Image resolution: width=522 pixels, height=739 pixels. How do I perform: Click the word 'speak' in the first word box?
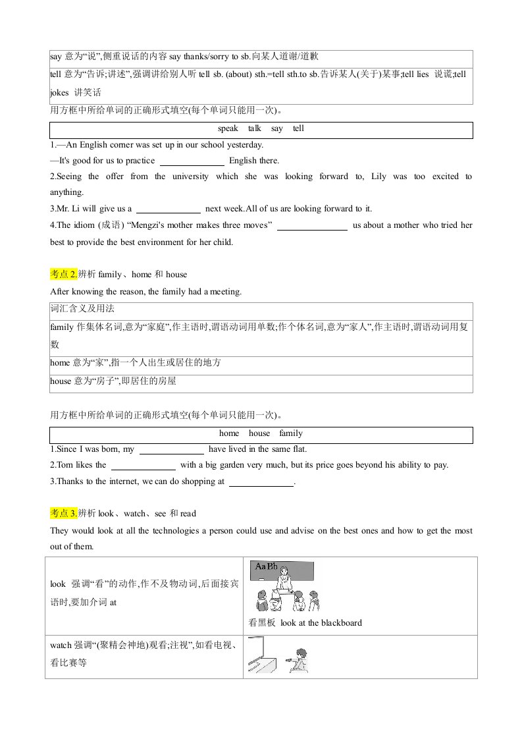(228, 129)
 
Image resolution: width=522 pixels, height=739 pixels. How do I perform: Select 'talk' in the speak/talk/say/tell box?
(255, 129)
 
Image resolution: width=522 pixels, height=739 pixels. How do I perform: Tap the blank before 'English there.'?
(192, 161)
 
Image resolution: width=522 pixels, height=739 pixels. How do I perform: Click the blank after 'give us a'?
(168, 209)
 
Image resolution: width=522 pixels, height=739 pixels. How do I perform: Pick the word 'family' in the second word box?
(290, 433)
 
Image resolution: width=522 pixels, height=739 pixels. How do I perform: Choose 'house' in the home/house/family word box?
(259, 433)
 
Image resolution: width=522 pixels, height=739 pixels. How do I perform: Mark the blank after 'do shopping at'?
(261, 482)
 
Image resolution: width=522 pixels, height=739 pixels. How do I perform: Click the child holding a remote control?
(300, 659)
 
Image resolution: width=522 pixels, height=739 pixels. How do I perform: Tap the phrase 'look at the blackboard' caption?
(321, 622)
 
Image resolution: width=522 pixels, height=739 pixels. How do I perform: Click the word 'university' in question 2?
(190, 177)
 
